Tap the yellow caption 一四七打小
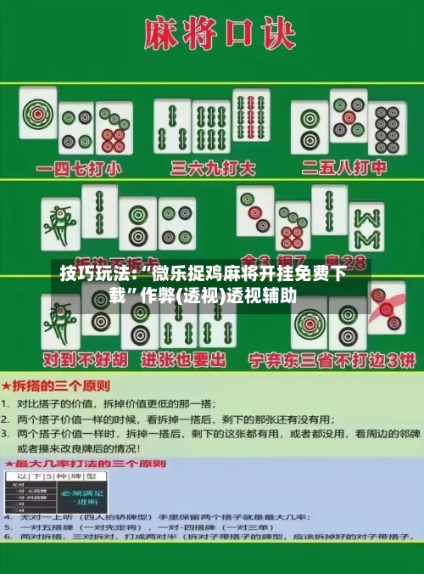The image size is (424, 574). pyautogui.click(x=75, y=167)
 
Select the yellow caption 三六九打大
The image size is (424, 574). pyautogui.click(x=212, y=167)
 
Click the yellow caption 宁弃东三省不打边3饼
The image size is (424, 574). pyautogui.click(x=331, y=359)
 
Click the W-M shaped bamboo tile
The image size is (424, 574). pyautogui.click(x=366, y=227)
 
